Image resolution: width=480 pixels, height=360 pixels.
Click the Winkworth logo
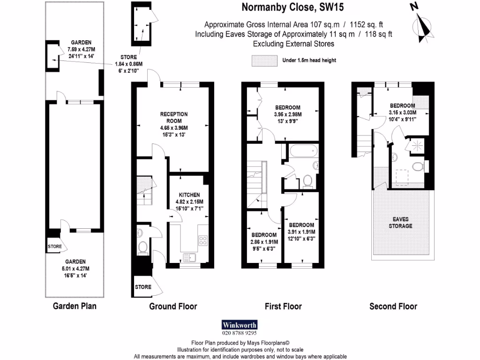coord(240,325)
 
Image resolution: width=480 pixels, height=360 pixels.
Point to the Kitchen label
coord(189,195)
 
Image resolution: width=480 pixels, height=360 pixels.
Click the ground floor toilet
coord(142,247)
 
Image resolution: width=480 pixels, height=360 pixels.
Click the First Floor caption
coord(283,307)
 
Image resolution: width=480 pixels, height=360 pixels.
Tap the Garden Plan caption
coord(75,307)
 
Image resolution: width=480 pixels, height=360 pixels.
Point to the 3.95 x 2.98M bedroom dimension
coord(288,114)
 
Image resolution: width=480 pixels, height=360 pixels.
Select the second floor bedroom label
coord(402,105)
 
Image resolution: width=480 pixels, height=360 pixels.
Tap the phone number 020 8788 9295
coord(240,333)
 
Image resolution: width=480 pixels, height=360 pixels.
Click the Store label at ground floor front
coord(143,287)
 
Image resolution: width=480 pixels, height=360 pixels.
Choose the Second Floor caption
coord(393,307)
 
